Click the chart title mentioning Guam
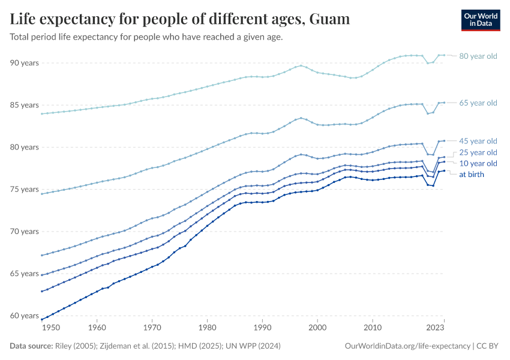(x=180, y=19)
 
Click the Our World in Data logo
(x=481, y=20)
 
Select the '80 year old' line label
(x=478, y=56)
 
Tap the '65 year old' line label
(x=478, y=103)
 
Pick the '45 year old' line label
(x=478, y=141)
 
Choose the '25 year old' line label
(x=478, y=152)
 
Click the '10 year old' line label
(x=478, y=163)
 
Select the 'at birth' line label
(x=472, y=175)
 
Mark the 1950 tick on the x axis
(x=52, y=328)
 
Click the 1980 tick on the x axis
(x=207, y=328)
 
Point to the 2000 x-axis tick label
(x=317, y=328)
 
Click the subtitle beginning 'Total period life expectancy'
(x=146, y=37)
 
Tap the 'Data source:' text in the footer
(x=31, y=346)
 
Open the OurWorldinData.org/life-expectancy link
(x=408, y=346)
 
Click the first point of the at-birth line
(x=41, y=319)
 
